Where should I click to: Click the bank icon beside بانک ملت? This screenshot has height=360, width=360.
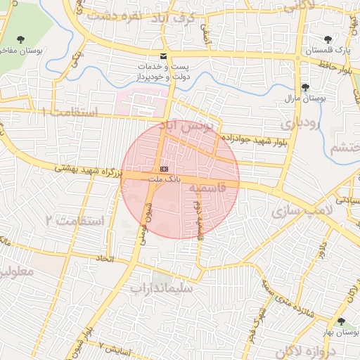click(x=164, y=169)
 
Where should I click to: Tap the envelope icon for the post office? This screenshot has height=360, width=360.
click(x=164, y=56)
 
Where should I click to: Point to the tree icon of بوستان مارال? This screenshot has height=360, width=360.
click(x=304, y=87)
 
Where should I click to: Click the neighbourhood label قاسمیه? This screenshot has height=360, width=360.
click(x=211, y=188)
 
